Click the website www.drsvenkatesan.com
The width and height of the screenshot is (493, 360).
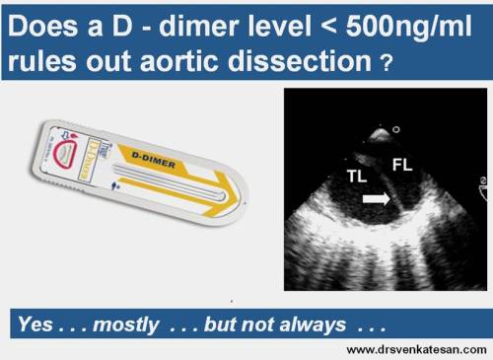pyautogui.click(x=414, y=350)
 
